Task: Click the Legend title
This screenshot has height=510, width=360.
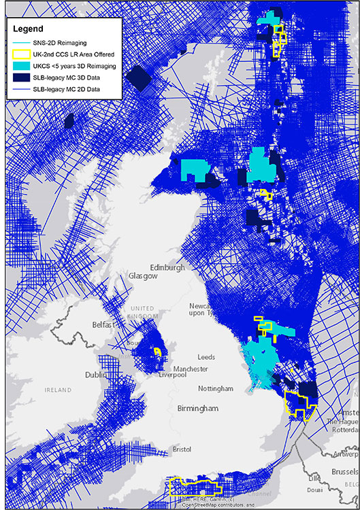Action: (31, 30)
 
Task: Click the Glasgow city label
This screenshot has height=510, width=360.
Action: (143, 277)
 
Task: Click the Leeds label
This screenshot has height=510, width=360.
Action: (206, 357)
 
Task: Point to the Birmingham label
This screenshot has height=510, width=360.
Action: (199, 409)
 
